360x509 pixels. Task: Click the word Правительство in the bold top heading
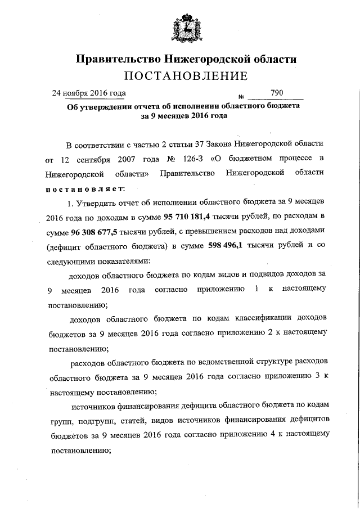coord(116,58)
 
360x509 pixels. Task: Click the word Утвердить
coord(101,202)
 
